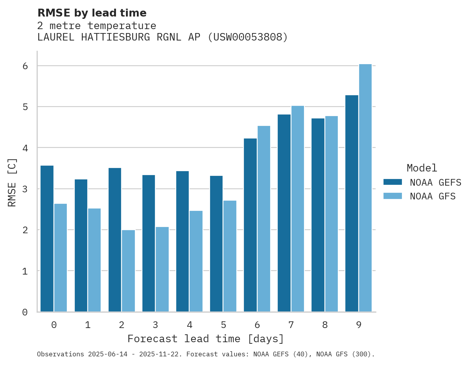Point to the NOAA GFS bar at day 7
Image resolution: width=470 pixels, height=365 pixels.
click(298, 208)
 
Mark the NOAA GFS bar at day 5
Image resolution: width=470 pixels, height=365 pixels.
click(230, 256)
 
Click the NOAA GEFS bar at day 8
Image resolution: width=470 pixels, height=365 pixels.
click(318, 215)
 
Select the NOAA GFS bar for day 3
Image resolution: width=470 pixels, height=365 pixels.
click(162, 269)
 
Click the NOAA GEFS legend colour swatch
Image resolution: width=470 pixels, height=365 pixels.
click(393, 182)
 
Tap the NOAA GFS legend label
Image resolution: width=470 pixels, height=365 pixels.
click(433, 196)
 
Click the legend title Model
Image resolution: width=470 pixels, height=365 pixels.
click(422, 168)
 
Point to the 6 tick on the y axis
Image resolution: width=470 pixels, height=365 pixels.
click(25, 66)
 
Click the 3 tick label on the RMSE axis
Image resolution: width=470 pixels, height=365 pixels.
click(25, 189)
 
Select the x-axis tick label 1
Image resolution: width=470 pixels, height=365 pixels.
click(88, 325)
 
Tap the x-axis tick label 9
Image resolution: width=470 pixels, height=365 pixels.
click(359, 325)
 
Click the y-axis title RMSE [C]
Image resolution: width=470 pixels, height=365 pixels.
click(12, 182)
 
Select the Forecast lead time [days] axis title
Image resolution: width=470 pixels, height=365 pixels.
click(206, 339)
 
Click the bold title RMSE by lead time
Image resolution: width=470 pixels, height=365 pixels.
click(92, 13)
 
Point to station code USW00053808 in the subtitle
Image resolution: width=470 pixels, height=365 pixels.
click(247, 37)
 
